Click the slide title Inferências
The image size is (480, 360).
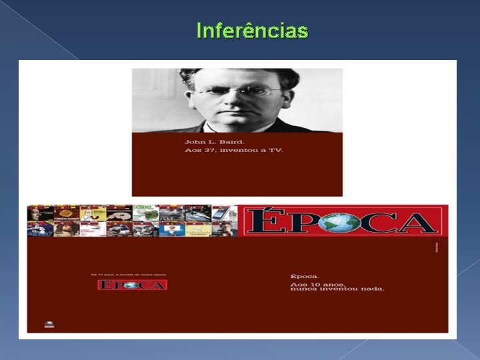click(252, 31)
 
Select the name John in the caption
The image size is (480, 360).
click(194, 142)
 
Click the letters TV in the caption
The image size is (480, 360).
click(276, 151)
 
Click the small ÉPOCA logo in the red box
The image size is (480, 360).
click(132, 285)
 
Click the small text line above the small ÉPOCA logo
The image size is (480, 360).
click(129, 274)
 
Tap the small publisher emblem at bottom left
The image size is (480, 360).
click(49, 325)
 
